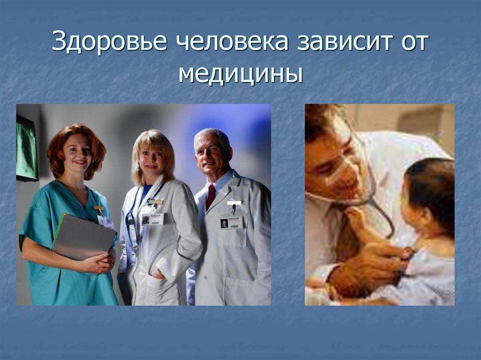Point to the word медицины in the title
[x=240, y=74]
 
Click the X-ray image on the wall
[x=26, y=148]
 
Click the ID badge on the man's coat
[x=232, y=222]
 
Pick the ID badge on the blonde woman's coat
[x=152, y=219]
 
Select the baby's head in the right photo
[x=427, y=197]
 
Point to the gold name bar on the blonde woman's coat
[x=155, y=202]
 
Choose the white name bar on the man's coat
[x=234, y=203]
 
